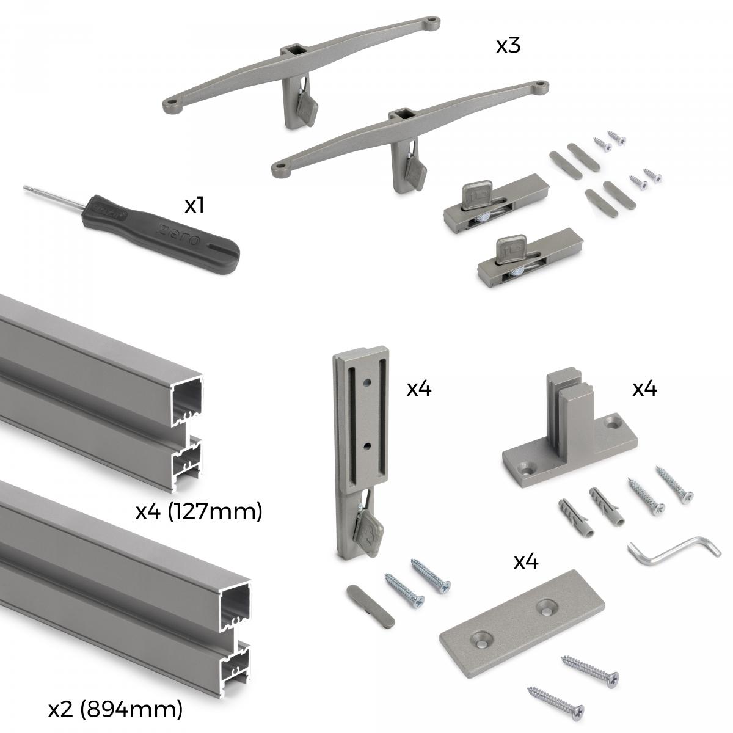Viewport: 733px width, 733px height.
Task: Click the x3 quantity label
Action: (508, 46)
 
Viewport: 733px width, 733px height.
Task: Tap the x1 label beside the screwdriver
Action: (194, 206)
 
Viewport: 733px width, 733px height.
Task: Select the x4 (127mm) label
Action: (199, 511)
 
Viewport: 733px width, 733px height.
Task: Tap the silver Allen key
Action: (672, 549)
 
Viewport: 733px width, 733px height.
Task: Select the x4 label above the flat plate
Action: (526, 561)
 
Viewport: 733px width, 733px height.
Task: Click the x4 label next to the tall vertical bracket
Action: (419, 388)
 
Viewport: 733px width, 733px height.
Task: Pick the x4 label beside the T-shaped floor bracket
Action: (644, 388)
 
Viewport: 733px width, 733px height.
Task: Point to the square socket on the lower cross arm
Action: (401, 114)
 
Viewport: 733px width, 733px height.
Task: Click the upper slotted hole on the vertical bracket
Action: (367, 384)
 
